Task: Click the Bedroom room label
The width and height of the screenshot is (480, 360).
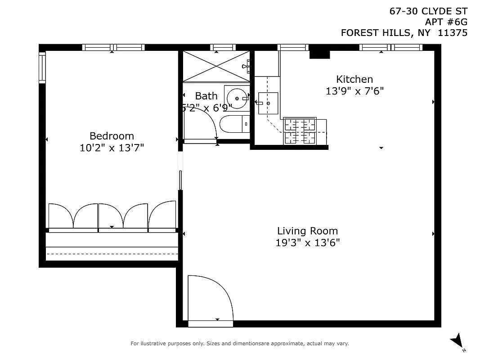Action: (112, 136)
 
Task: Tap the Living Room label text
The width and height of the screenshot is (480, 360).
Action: (307, 231)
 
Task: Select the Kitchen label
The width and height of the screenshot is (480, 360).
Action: (354, 79)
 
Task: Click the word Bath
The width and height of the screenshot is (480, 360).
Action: (206, 96)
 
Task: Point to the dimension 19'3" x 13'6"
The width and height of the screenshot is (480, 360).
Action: (307, 243)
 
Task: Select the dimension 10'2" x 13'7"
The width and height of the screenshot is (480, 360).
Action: (112, 148)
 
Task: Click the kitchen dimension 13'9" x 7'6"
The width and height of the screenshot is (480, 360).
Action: (354, 91)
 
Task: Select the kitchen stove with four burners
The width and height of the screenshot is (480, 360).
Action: (300, 131)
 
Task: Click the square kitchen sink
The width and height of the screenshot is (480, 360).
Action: (268, 103)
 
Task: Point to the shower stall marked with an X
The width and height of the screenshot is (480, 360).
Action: (215, 66)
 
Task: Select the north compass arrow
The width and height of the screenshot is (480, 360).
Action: (458, 341)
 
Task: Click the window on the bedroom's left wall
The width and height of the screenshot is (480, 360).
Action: (42, 67)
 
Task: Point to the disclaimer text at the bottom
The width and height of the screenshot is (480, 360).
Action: (239, 344)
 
